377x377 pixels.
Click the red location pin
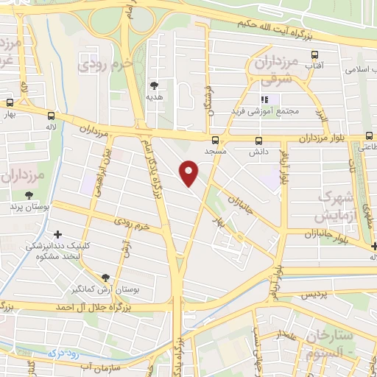190,172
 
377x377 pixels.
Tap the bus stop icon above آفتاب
315,54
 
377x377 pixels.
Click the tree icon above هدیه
154,85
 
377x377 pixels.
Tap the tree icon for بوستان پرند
29,195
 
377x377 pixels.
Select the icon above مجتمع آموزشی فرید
264,99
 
